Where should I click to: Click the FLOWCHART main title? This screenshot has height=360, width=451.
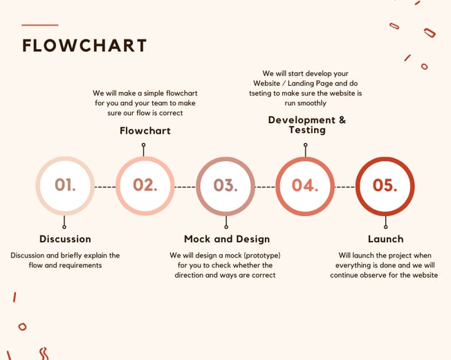pos(84,46)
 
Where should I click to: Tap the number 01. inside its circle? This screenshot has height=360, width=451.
pos(65,185)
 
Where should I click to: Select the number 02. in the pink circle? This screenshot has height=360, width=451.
pos(145,185)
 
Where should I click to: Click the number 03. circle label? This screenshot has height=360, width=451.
pos(225,185)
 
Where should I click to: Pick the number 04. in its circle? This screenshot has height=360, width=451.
pos(305,185)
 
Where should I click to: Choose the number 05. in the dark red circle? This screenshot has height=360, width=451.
pos(385,185)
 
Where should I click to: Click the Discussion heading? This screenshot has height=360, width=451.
pos(65,239)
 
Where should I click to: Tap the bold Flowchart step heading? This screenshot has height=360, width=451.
pos(145,131)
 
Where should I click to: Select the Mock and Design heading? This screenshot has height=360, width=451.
pos(227,239)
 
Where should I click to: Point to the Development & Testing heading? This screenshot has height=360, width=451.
pos(307,125)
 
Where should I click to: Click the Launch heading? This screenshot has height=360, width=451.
pos(386,239)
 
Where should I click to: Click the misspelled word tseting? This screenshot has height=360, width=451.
pos(260,93)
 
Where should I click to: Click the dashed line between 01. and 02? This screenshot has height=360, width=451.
pos(105,187)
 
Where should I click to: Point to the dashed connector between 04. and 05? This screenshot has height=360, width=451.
pos(345,187)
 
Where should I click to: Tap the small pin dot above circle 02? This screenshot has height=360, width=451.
pos(143,145)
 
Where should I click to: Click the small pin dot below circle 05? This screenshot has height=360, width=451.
pos(386,227)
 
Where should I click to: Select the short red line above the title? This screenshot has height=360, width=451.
pos(40,25)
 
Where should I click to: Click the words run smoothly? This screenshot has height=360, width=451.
pos(306,103)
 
